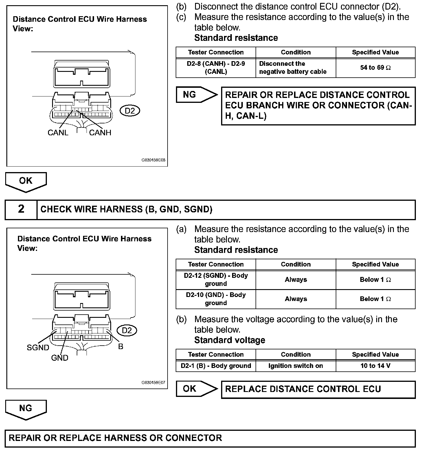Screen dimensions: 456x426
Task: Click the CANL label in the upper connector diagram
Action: coord(58,133)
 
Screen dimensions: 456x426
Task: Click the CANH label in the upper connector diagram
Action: coord(100,133)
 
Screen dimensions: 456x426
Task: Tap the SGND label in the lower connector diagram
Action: coord(38,347)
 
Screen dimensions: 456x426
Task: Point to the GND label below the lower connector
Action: coord(60,358)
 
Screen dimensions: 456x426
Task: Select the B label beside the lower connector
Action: coord(121,346)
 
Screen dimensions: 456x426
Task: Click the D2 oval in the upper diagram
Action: coord(130,111)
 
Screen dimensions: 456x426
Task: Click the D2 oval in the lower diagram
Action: coord(127,331)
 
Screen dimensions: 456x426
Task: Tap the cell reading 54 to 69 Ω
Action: coord(375,68)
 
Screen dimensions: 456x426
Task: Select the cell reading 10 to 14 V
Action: coord(375,366)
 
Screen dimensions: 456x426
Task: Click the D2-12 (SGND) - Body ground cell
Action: coord(216,280)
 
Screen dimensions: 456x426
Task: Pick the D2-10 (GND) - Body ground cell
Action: coord(216,299)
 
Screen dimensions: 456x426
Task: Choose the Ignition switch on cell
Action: coord(295,366)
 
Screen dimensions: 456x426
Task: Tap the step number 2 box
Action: coord(21,209)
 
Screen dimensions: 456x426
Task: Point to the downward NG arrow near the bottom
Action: coord(26,409)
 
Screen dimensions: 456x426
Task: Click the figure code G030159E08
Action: coord(153,160)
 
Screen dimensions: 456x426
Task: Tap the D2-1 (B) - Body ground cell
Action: coord(216,366)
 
